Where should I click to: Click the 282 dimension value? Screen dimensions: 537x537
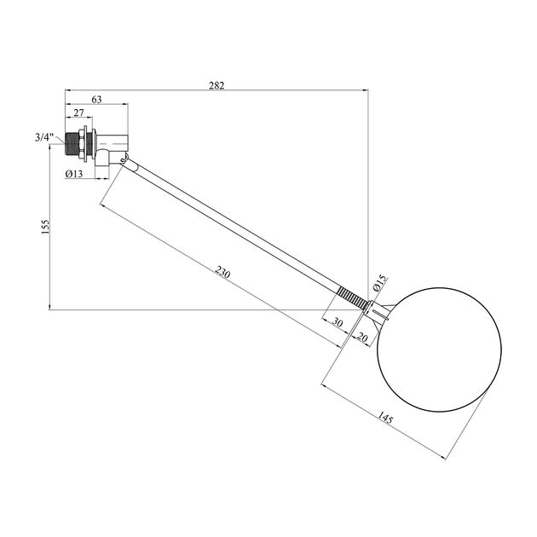[x=217, y=85]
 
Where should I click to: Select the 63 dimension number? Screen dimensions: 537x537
[x=96, y=100]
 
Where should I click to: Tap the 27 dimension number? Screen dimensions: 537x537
[x=78, y=113]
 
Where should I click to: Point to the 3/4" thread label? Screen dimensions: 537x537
[x=44, y=138]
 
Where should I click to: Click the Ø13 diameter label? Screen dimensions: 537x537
[x=74, y=174]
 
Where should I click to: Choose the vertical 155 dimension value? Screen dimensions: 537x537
[x=45, y=227]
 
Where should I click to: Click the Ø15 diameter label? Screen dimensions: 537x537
[x=379, y=283]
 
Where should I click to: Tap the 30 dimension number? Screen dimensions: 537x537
[x=338, y=322]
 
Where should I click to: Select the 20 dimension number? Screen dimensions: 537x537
[x=362, y=338]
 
